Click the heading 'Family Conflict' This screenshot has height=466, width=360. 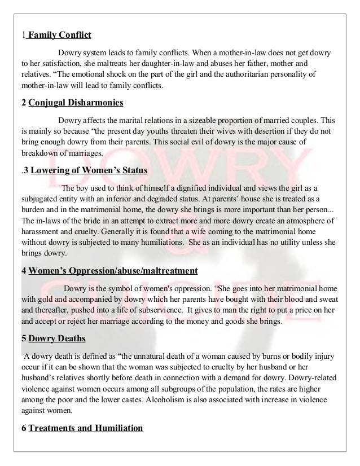pos(59,35)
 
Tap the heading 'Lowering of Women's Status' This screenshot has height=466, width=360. pos(89,172)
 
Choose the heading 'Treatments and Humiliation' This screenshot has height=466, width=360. pos(86,428)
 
